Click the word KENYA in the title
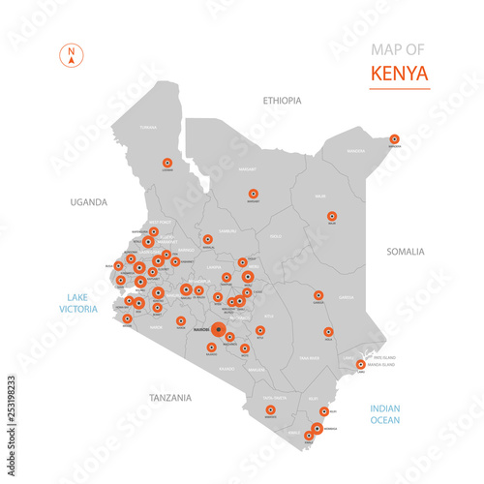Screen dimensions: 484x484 pyautogui.click(x=400, y=74)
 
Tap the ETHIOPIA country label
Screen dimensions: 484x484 pyautogui.click(x=283, y=100)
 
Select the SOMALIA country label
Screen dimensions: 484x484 pyautogui.click(x=405, y=252)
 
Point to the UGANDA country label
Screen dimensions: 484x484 pyautogui.click(x=88, y=202)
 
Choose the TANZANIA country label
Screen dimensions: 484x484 pyautogui.click(x=170, y=397)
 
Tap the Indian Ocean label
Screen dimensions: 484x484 pyautogui.click(x=384, y=414)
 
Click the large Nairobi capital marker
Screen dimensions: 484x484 pyautogui.click(x=219, y=331)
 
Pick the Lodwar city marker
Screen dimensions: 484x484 pyautogui.click(x=167, y=164)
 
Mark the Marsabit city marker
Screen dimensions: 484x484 pyautogui.click(x=254, y=194)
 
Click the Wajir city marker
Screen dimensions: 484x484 pyautogui.click(x=332, y=217)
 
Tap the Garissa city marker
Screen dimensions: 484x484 pyautogui.click(x=318, y=295)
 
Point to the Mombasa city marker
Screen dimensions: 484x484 pyautogui.click(x=317, y=428)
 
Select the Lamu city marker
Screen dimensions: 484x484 pyautogui.click(x=361, y=365)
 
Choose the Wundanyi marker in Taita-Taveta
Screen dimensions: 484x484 pyautogui.click(x=270, y=410)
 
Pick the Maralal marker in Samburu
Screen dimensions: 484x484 pyautogui.click(x=207, y=239)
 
